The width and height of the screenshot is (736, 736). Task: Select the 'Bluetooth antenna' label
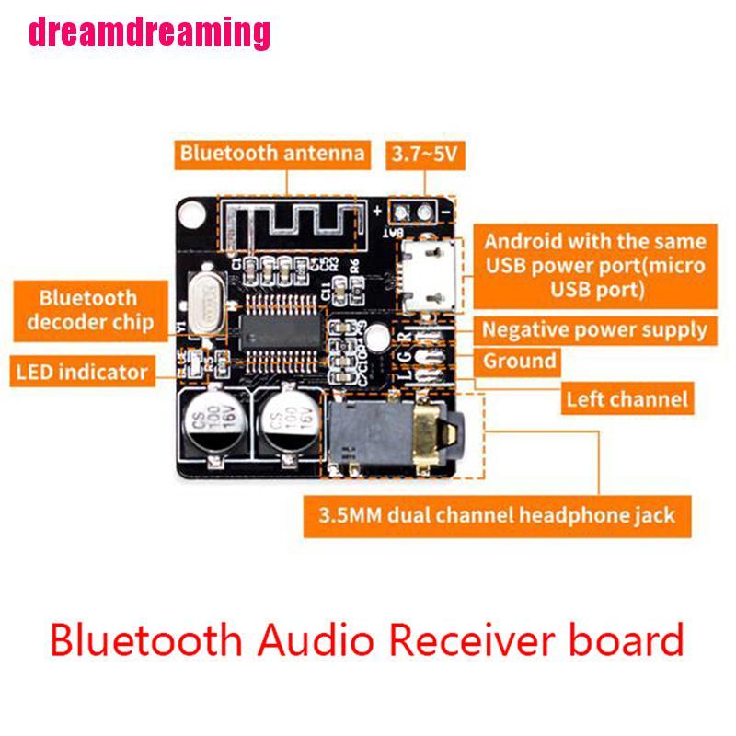(x=271, y=153)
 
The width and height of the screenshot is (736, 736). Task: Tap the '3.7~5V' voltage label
(x=423, y=154)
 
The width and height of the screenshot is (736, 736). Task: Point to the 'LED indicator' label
(x=81, y=373)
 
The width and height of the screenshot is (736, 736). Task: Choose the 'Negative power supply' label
(x=594, y=329)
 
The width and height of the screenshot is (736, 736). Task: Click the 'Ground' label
(x=520, y=361)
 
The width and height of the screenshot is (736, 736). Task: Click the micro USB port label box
(x=594, y=267)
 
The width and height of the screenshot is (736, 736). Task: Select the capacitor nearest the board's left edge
(x=210, y=425)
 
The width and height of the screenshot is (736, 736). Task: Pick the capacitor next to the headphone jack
(x=286, y=425)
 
